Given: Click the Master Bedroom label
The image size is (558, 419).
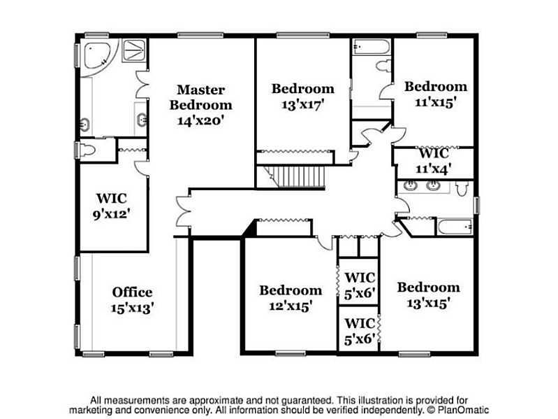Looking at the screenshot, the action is point(200,97).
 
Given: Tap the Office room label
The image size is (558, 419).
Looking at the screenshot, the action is point(133,292).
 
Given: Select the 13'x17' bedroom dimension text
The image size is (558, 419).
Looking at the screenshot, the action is point(303,104).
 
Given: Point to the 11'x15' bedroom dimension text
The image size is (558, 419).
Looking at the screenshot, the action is point(436,103).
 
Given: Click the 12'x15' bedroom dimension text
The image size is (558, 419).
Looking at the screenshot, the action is point(291,306).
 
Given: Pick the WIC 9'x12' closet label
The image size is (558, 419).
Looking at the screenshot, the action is point(111,206).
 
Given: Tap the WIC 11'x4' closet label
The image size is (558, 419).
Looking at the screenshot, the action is point(434,161).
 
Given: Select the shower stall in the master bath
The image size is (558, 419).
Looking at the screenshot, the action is point(134,50).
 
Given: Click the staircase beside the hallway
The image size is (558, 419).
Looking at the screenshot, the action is point(295,177).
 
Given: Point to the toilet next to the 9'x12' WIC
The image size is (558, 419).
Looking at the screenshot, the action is point(87,150).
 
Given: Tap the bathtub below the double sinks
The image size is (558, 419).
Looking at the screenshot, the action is point(455,227).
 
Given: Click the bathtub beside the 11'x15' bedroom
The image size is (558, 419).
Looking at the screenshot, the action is point(371,47).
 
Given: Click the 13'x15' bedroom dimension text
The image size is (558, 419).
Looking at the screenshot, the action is point(429,304).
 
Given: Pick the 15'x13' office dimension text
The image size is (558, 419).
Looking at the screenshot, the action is point(132,308).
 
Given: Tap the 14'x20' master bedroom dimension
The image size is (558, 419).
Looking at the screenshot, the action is point(200,121).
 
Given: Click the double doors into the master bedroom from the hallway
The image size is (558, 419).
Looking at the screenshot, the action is point(183,211).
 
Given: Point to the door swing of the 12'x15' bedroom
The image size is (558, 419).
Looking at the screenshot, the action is point(325,243).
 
